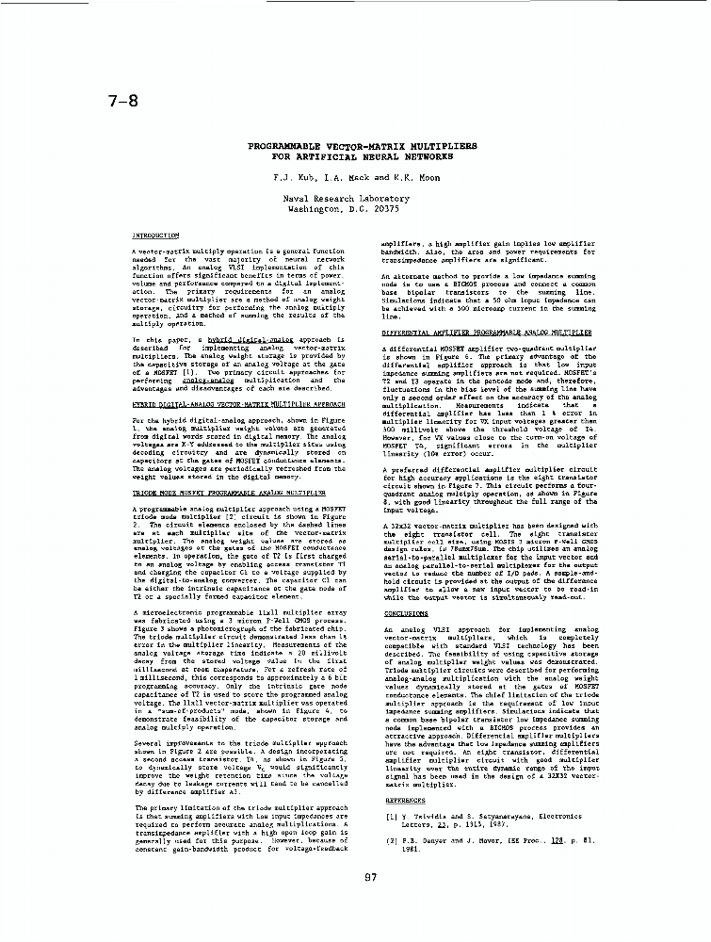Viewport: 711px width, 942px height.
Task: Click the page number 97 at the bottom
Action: pos(370,878)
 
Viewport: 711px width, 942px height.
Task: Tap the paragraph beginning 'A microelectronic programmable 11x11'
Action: pos(239,659)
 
